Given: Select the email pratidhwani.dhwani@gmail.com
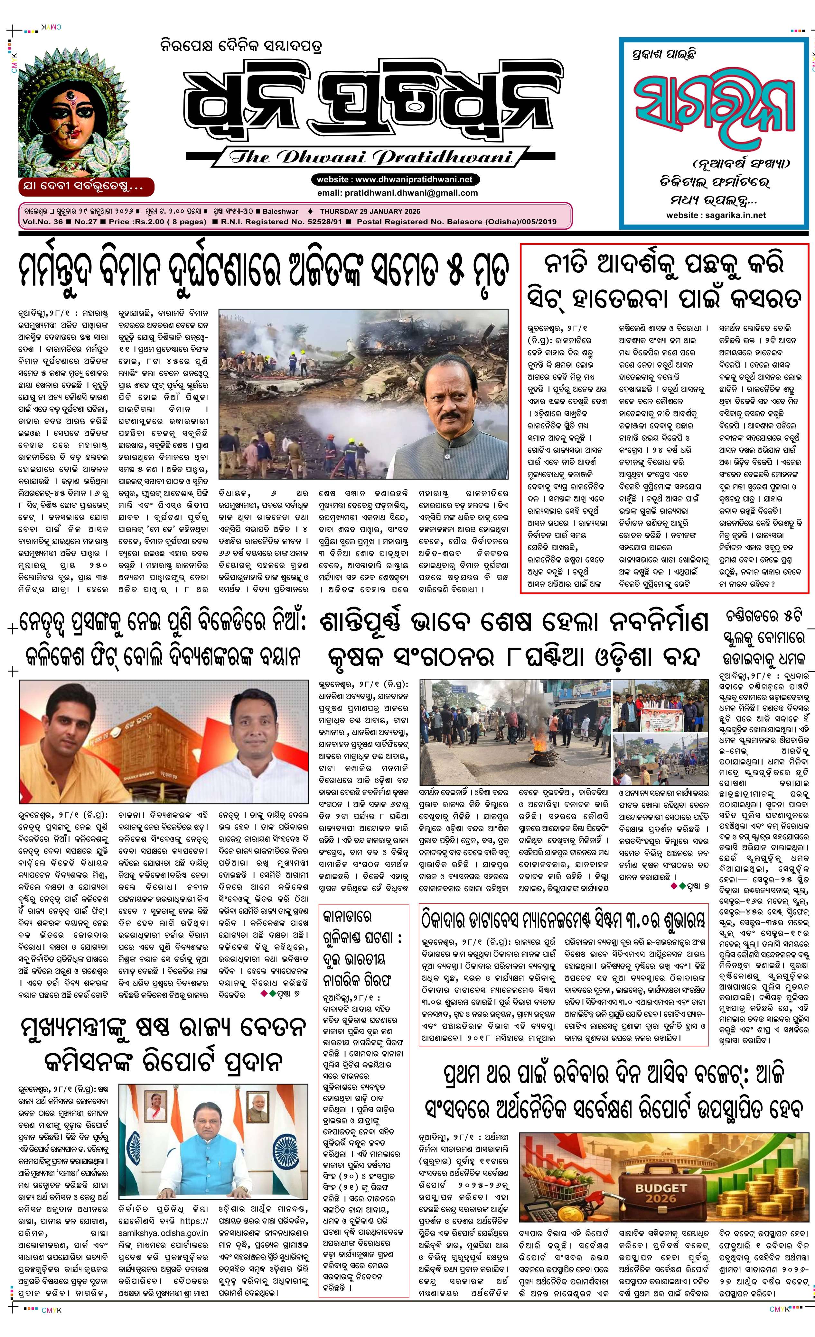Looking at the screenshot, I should point(398,193).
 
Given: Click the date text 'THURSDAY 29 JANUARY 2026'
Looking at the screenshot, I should point(370,212).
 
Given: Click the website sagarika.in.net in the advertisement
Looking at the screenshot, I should point(716,215).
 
